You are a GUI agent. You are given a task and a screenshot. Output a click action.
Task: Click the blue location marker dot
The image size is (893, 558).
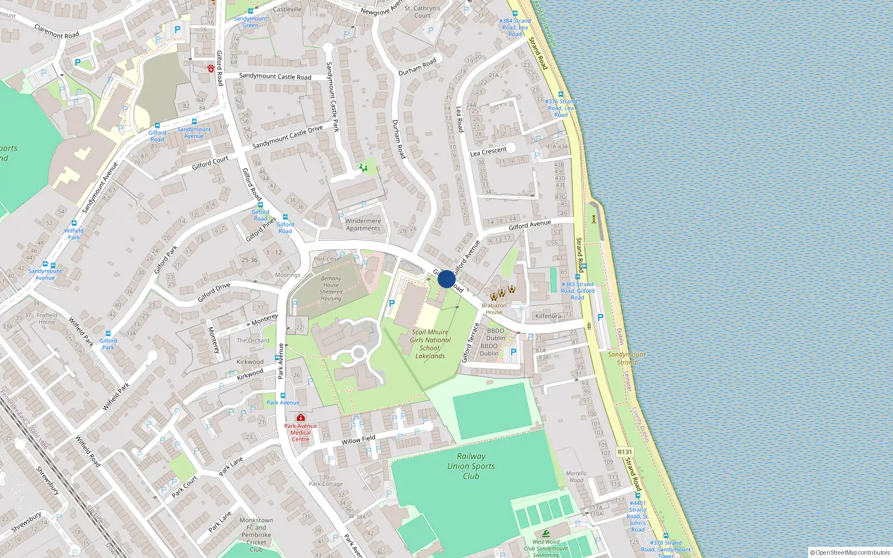tap(446, 279)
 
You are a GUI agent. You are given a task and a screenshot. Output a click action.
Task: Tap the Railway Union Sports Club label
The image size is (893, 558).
tap(471, 466)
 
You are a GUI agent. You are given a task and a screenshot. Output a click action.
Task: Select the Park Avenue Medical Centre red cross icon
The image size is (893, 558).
tap(301, 417)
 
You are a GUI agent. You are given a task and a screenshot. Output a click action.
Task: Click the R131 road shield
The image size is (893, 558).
tap(625, 452)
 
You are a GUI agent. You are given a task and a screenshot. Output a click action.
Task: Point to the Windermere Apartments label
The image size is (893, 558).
tap(363, 224)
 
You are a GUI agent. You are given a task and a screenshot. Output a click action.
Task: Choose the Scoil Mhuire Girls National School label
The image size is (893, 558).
tap(430, 344)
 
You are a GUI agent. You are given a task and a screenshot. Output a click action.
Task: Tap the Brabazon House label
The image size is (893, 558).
tap(494, 309)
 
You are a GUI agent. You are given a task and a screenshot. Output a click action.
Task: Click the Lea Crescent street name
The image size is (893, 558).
tap(488, 151)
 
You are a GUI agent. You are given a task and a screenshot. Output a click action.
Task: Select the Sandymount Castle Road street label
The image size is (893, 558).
tap(275, 76)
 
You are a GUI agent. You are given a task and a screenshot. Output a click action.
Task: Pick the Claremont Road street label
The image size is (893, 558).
tap(57, 31)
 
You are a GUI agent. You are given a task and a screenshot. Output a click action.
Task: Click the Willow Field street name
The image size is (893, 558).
tap(358, 440)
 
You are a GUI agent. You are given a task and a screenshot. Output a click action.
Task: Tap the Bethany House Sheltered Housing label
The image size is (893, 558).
tap(331, 288)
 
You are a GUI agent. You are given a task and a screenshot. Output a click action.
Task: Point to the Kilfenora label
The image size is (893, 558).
tap(548, 316)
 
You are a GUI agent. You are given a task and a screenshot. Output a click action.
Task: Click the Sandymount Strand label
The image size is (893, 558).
tap(626, 358)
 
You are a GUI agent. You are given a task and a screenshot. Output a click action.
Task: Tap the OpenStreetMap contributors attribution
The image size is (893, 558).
tap(850, 552)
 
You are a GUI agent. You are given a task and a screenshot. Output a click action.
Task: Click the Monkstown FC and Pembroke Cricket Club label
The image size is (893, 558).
tap(256, 535)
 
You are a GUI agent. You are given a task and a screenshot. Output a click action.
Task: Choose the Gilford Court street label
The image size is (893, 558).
tap(210, 163)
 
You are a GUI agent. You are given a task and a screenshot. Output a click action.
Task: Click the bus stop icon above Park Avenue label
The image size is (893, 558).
tap(283, 395)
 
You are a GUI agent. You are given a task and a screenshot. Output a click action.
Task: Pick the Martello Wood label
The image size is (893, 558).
tap(576, 477)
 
